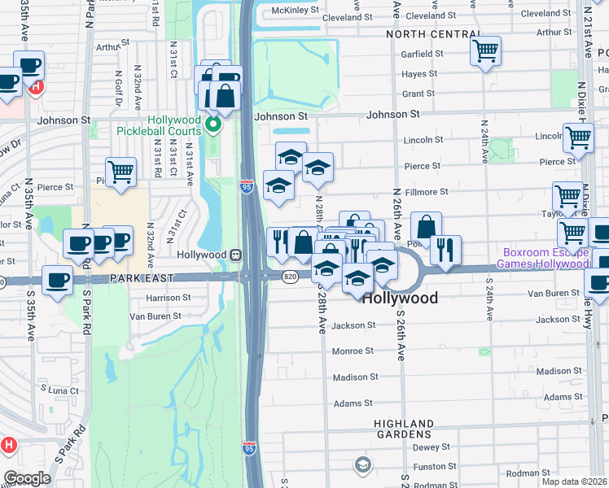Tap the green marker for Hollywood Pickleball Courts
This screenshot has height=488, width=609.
coord(213,124)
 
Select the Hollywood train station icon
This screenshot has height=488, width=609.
coord(234,255)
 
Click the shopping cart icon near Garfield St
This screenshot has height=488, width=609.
coord(485,52)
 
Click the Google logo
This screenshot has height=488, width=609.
coord(27,477)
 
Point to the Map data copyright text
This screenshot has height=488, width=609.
coord(574,481)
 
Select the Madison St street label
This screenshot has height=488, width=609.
coord(356,377)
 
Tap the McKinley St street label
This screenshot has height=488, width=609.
coord(296,10)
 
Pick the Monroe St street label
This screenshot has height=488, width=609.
coord(353,351)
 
